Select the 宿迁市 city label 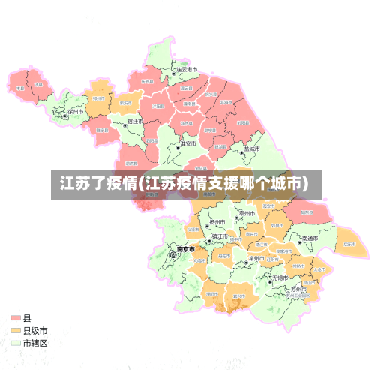pyautogui.click(x=135, y=121)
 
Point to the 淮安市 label pyautogui.click(x=187, y=143)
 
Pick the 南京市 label pyautogui.click(x=185, y=248)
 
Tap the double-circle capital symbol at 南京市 pyautogui.click(x=174, y=255)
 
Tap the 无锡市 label pyautogui.click(x=281, y=277)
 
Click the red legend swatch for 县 pyautogui.click(x=16, y=318)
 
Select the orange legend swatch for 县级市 pyautogui.click(x=16, y=330)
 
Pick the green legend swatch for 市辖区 pyautogui.click(x=16, y=343)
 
